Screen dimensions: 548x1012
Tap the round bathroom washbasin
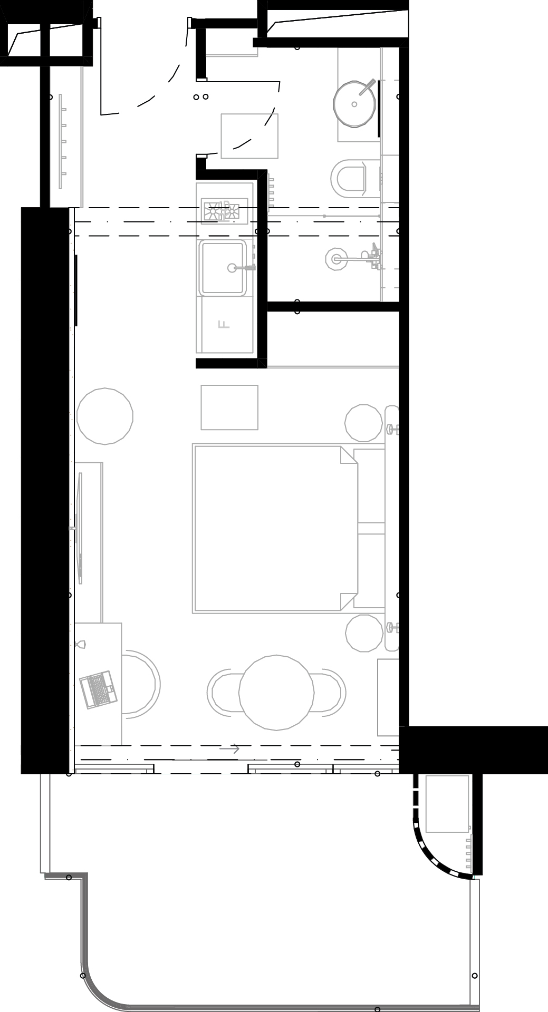tap(355, 104)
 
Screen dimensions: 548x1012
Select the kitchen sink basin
tap(223, 267)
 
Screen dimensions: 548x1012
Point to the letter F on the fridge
tap(224, 324)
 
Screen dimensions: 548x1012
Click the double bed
tap(289, 529)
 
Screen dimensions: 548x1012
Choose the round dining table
tap(276, 692)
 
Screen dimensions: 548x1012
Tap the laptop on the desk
tap(98, 689)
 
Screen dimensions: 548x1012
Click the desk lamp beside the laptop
tap(81, 644)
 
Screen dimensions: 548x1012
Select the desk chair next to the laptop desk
tap(142, 684)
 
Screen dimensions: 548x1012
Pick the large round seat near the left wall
tap(105, 416)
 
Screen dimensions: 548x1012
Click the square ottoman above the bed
tap(229, 407)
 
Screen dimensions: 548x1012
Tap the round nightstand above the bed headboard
tap(364, 423)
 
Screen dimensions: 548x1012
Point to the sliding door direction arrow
tap(229, 748)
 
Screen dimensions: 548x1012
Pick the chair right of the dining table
tap(330, 692)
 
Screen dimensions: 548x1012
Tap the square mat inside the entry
tap(249, 136)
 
